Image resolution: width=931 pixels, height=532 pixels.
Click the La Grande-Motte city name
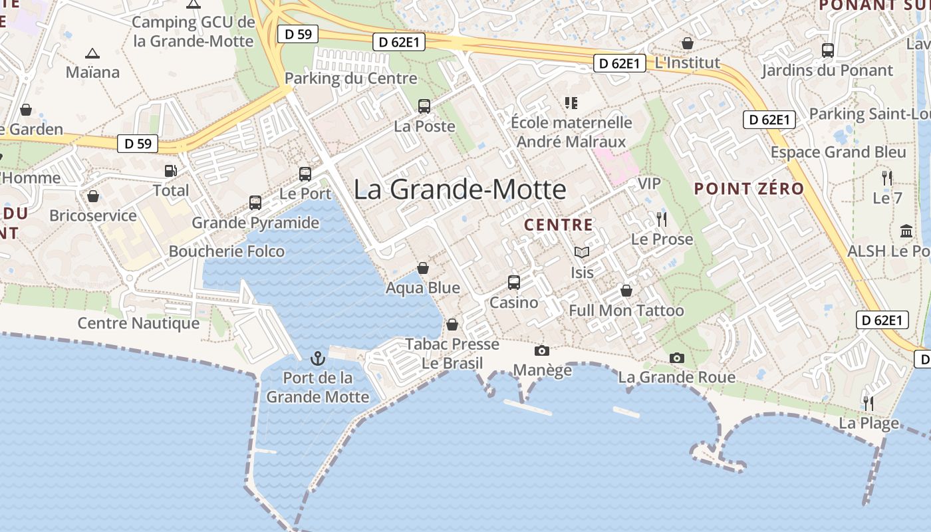(460, 190)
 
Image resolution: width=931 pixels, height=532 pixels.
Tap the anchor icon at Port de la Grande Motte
(318, 358)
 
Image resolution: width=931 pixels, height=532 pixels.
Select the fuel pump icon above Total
(171, 170)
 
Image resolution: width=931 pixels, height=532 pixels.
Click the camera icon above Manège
(542, 350)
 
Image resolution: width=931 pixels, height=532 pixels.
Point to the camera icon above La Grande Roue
(677, 358)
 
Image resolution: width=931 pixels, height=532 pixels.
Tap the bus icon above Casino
(514, 282)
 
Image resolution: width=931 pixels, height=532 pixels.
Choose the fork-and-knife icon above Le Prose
(661, 219)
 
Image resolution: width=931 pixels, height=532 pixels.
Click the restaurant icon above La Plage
(868, 403)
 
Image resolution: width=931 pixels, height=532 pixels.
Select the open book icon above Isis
(582, 252)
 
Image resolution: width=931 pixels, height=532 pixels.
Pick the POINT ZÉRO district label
(749, 188)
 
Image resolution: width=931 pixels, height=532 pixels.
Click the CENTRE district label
(558, 225)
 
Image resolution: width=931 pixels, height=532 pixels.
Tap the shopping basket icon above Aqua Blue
(423, 268)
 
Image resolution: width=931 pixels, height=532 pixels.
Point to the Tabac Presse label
(452, 344)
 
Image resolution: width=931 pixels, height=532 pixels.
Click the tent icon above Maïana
(92, 53)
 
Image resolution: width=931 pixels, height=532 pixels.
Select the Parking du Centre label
(350, 78)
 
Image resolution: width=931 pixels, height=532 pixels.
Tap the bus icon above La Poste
(424, 106)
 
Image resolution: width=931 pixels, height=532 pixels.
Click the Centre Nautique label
(138, 323)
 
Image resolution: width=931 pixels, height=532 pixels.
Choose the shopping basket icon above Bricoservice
(93, 196)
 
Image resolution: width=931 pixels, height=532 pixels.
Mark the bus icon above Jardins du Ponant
(828, 50)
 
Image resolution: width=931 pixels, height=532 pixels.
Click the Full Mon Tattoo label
(626, 311)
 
